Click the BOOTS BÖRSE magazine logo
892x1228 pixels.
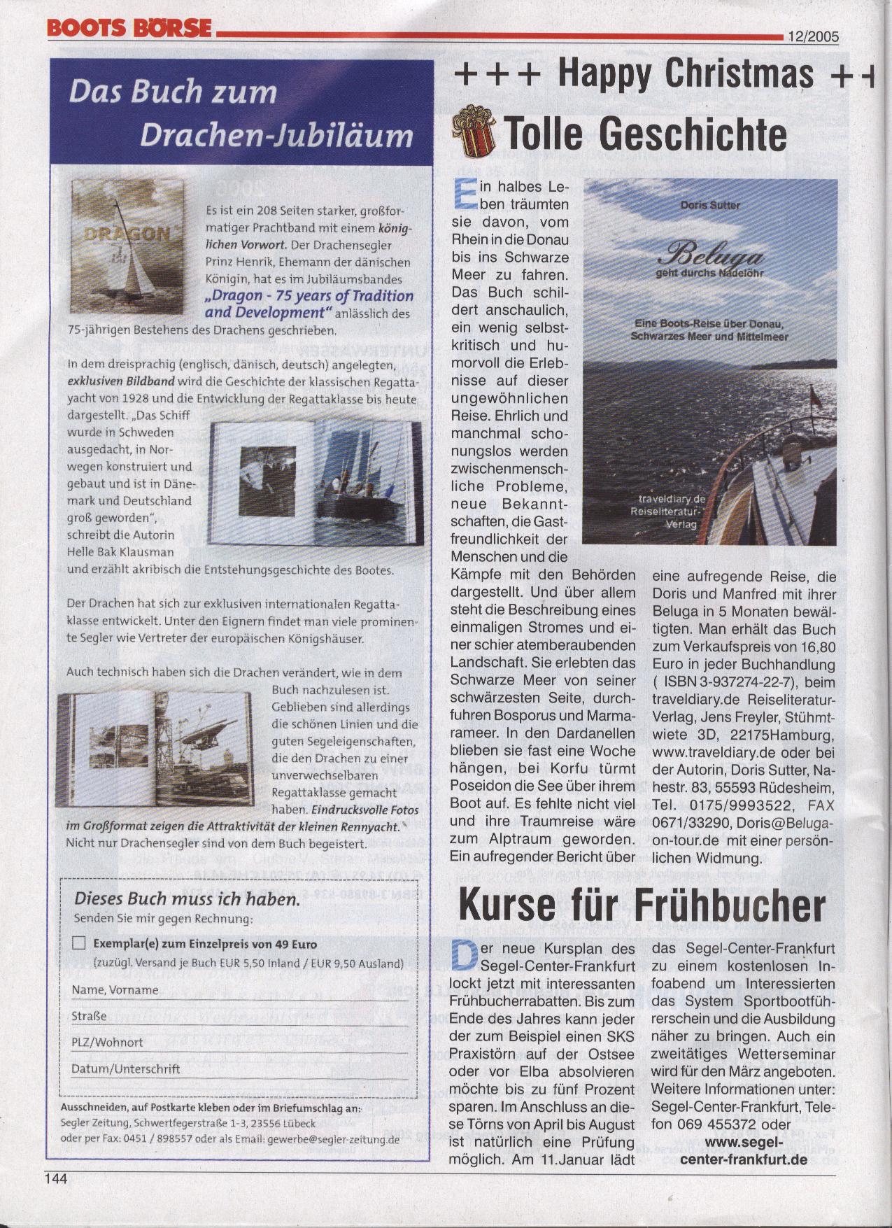pyautogui.click(x=129, y=27)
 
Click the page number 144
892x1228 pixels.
pyautogui.click(x=56, y=1178)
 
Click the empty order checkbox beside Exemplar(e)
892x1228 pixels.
pyautogui.click(x=78, y=943)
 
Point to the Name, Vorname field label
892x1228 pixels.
pyautogui.click(x=115, y=989)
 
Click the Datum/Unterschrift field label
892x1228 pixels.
pyautogui.click(x=125, y=1068)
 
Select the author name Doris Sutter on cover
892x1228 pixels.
pyautogui.click(x=710, y=205)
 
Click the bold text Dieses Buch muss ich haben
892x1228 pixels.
pyautogui.click(x=187, y=898)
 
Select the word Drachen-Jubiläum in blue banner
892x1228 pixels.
pyautogui.click(x=276, y=135)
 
